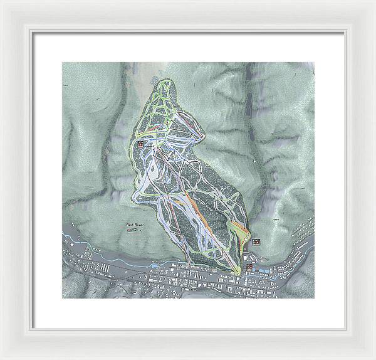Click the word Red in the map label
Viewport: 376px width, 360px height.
tap(129, 224)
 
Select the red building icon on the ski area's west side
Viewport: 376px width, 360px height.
tap(140, 144)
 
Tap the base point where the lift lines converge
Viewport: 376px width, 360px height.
tap(239, 270)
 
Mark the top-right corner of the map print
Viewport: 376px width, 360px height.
tap(314, 62)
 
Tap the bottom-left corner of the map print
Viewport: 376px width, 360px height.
tap(62, 297)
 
